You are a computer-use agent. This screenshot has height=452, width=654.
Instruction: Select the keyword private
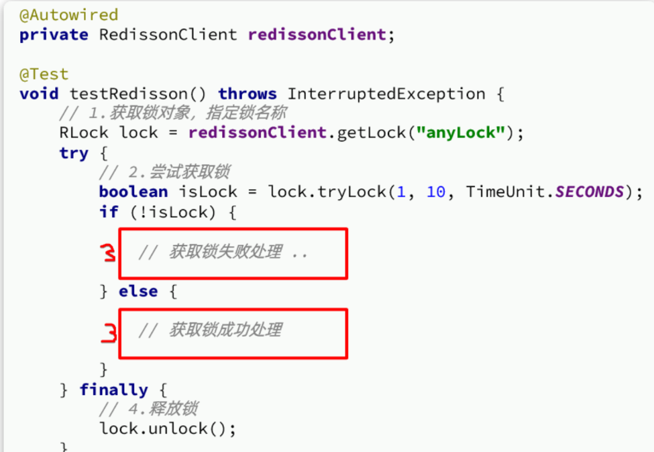pyautogui.click(x=54, y=34)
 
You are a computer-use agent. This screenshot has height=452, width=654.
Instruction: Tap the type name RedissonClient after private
pyautogui.click(x=168, y=34)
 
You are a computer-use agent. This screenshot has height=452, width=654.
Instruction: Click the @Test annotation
pyautogui.click(x=44, y=74)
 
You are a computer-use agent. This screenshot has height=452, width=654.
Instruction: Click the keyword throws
pyautogui.click(x=248, y=94)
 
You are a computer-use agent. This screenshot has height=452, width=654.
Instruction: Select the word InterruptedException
pyautogui.click(x=386, y=94)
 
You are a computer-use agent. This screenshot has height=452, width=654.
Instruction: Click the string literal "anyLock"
pyautogui.click(x=460, y=133)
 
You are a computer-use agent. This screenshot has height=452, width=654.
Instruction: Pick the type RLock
pyautogui.click(x=84, y=133)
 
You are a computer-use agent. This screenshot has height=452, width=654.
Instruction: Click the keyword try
pyautogui.click(x=74, y=153)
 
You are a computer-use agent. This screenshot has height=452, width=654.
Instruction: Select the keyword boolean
pyautogui.click(x=133, y=192)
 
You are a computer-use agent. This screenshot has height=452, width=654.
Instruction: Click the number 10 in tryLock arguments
pyautogui.click(x=435, y=192)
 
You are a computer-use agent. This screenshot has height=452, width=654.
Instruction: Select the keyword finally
pyautogui.click(x=113, y=390)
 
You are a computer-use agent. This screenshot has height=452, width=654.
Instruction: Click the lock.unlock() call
pyautogui.click(x=168, y=429)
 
